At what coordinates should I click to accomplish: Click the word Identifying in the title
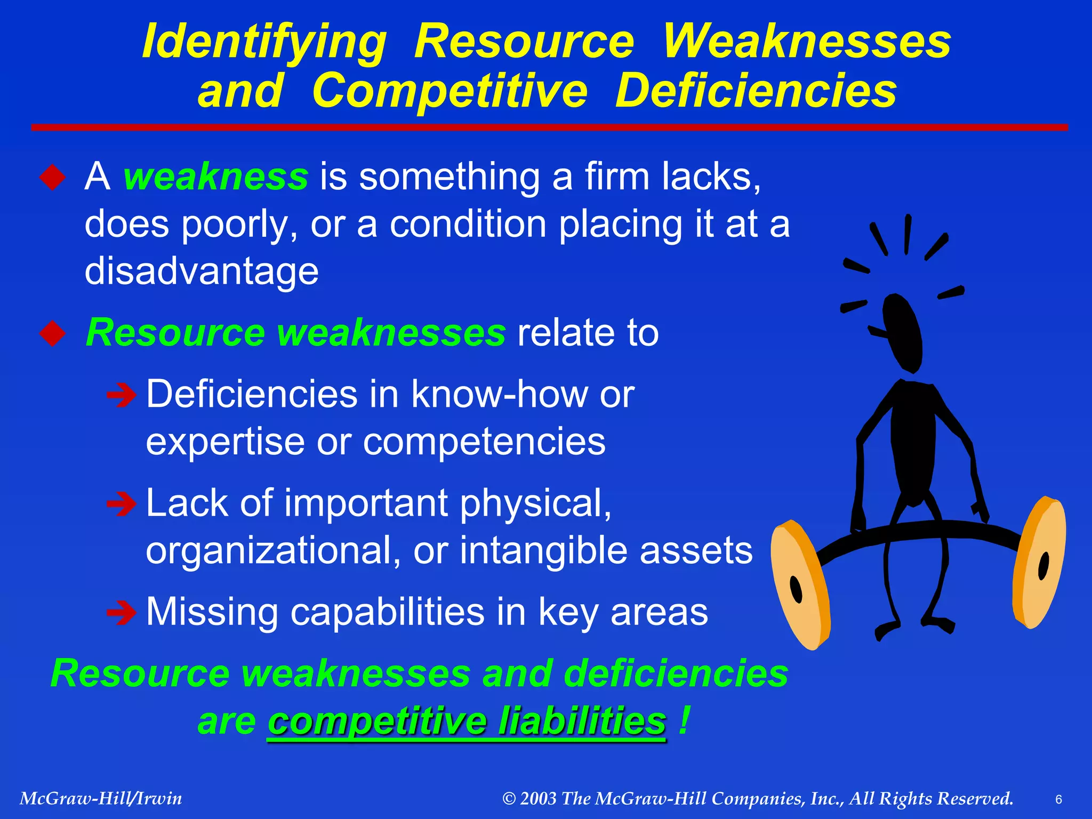[x=264, y=43]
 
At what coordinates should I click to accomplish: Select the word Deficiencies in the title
[x=756, y=91]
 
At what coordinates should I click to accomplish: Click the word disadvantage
[x=202, y=271]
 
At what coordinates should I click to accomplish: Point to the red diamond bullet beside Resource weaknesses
[x=52, y=333]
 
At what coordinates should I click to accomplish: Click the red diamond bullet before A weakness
[x=52, y=177]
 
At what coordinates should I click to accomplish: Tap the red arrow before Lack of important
[x=121, y=504]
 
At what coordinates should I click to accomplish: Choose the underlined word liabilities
[x=582, y=721]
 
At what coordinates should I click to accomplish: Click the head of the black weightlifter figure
[x=902, y=331]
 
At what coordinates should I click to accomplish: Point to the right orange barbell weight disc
[x=1040, y=563]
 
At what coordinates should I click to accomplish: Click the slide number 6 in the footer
[x=1058, y=799]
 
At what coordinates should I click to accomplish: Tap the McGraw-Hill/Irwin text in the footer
[x=101, y=798]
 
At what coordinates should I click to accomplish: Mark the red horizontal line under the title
[x=549, y=127]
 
